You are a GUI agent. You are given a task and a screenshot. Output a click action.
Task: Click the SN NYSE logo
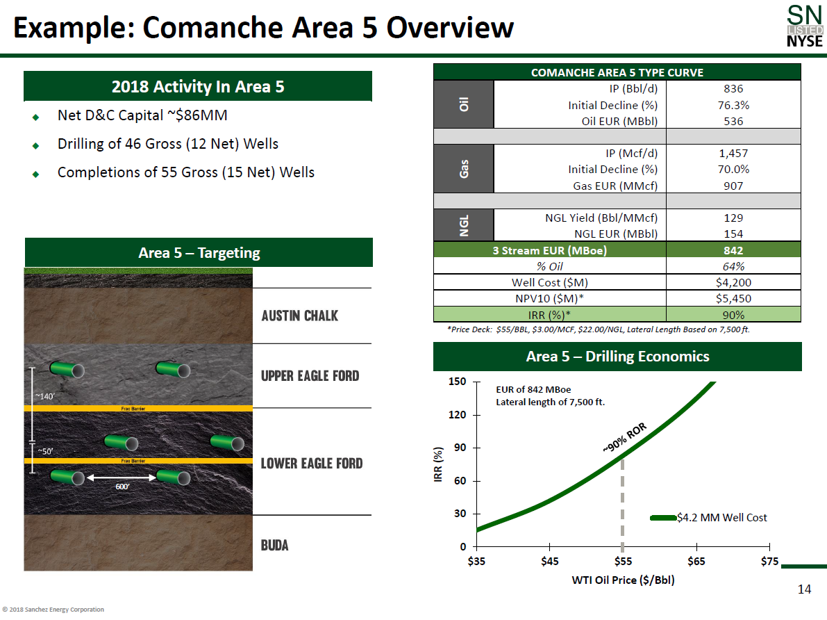pos(804,26)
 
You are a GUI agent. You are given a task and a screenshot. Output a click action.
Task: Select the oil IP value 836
pos(733,89)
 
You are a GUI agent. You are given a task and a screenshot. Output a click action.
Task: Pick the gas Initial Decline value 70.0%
pos(733,169)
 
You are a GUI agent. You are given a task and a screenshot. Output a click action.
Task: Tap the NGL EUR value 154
pos(733,234)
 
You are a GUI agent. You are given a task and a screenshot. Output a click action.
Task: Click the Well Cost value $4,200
pos(733,282)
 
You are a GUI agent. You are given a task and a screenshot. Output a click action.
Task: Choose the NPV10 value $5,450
pos(733,298)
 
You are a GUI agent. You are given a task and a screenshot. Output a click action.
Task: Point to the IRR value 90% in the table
pos(733,315)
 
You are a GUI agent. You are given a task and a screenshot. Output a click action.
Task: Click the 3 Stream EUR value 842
pos(733,250)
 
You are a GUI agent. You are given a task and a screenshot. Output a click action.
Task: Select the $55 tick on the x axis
pos(623,561)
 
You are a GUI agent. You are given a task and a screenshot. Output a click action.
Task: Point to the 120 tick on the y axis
pos(458,414)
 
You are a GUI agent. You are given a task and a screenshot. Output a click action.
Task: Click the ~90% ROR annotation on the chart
pos(624,437)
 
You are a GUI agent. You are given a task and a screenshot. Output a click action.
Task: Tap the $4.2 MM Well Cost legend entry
pos(708,518)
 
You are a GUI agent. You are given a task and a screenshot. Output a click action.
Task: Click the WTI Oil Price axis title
pos(623,580)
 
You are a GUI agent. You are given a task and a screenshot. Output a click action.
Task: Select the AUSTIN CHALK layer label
pos(299,316)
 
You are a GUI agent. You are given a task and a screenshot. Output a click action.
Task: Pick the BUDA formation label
pos(275,545)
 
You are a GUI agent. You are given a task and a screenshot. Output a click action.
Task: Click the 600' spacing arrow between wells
pos(122,478)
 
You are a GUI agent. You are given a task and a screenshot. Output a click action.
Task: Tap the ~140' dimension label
pos(45,396)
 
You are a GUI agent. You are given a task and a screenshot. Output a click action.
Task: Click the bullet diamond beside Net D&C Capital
pos(36,117)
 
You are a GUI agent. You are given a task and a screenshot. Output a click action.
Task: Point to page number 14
pos(804,589)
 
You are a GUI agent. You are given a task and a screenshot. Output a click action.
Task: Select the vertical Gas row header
pos(464,169)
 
